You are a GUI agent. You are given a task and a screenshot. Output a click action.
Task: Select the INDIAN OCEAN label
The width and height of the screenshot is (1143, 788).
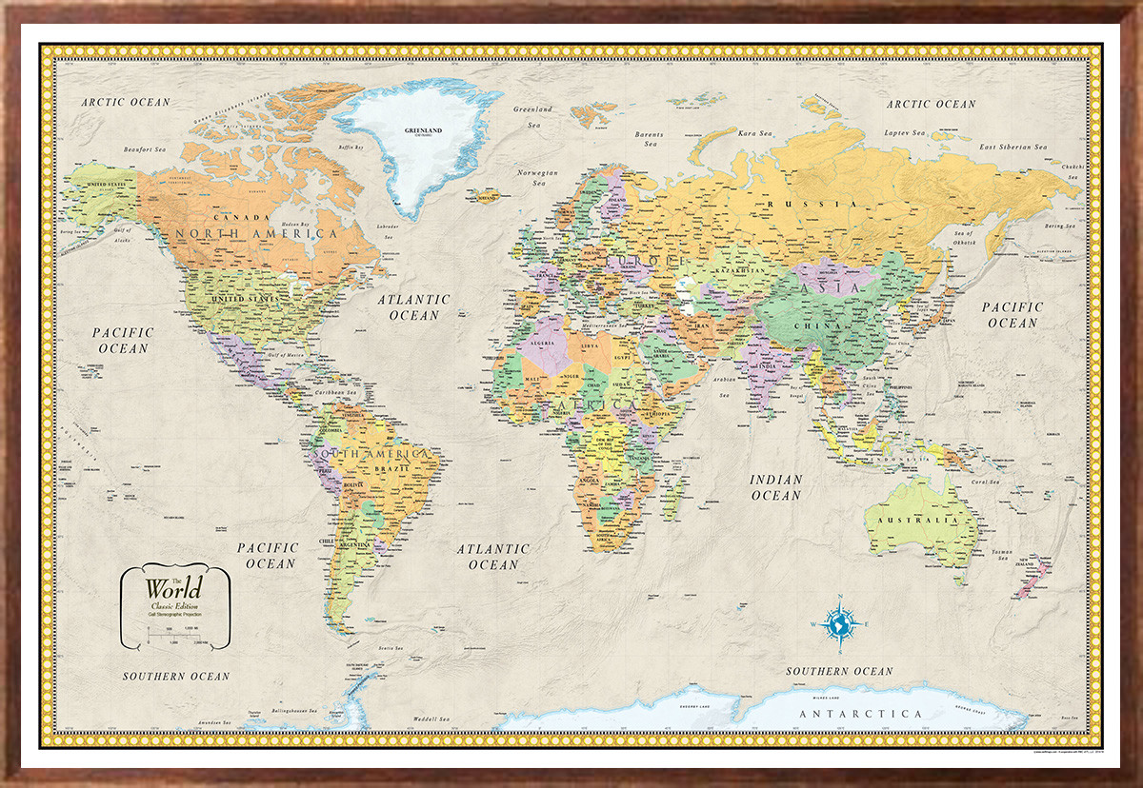tap(776, 487)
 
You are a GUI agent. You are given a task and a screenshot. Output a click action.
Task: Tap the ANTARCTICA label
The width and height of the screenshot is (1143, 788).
tap(861, 714)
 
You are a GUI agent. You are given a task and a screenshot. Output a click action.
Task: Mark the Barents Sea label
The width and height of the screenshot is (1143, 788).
tap(650, 140)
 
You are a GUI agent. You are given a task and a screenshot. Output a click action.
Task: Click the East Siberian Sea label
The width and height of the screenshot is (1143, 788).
tap(1013, 148)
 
